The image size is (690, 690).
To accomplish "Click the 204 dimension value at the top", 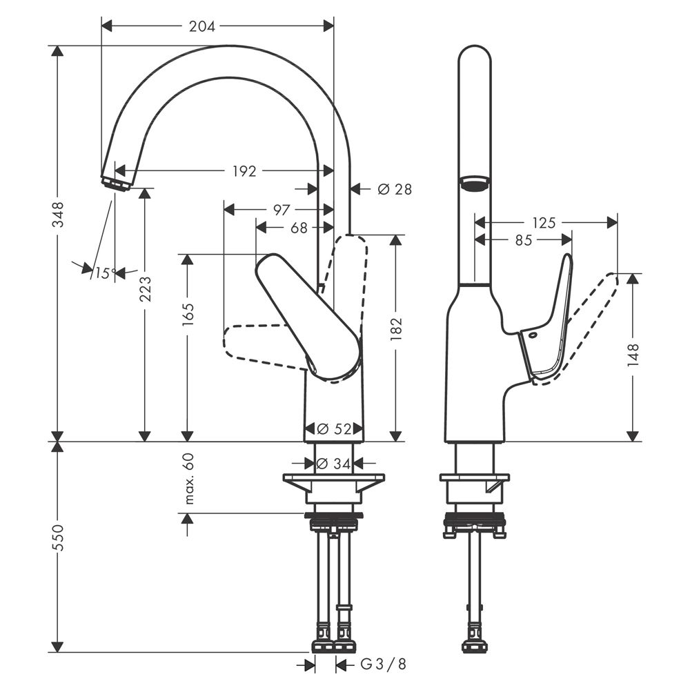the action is pos(202,26).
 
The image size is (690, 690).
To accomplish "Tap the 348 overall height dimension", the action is pos(58,214).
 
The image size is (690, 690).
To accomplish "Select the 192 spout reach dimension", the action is pos(244,170).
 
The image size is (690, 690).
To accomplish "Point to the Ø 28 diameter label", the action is pos(395,189).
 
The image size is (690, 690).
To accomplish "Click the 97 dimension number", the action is pos(282,210).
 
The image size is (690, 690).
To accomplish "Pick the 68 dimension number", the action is pos(299,228).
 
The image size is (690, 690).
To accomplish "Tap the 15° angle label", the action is pos(106,273).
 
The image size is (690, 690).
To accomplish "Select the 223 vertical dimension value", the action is pos(145,288).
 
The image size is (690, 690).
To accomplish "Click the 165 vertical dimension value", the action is pos(188,314).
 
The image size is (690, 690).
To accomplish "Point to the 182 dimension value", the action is pos(396,328).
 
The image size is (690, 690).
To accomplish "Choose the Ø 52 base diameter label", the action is pos(334,428).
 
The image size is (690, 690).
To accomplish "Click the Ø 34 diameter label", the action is pos(333,464).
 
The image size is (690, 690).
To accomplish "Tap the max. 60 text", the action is pos(188,478).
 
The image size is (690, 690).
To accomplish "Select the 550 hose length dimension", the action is pos(58,537).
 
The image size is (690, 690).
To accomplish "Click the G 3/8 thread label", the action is pos(383,664).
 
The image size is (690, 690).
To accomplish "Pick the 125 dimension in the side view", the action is pos(544,223).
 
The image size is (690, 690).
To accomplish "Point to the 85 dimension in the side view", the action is pos(523,240).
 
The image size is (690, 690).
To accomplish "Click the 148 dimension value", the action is pos(632,355).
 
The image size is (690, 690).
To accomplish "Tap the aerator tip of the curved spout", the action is pos(116,184).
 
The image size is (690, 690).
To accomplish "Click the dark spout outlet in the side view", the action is pos(475,184).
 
